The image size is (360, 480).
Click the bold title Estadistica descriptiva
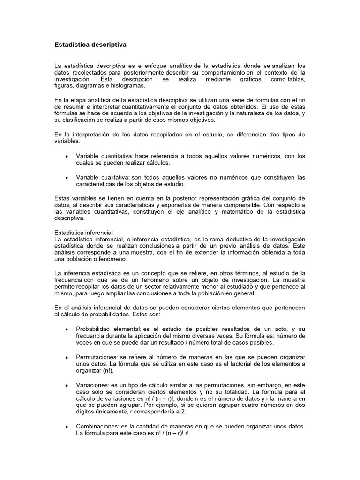[90, 45]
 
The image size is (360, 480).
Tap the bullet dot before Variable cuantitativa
[67, 156]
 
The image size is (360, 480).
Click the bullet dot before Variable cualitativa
[67, 177]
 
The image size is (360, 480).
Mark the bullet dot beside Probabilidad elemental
[67, 330]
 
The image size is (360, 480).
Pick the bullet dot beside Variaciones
[67, 384]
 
